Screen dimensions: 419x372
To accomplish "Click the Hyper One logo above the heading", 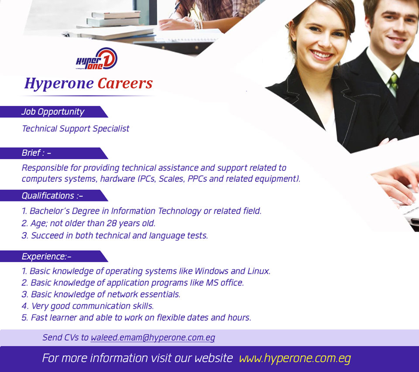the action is tap(96, 59).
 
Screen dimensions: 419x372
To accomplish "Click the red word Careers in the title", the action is tap(125, 83).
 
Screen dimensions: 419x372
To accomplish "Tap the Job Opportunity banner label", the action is tap(53, 112).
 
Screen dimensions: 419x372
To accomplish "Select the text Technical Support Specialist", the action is tap(76, 129).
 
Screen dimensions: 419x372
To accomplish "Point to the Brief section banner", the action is tap(53, 153).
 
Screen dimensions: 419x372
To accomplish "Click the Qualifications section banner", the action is tap(53, 195).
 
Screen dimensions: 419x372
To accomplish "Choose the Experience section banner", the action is tap(53, 256).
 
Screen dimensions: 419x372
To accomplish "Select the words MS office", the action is tap(225, 283).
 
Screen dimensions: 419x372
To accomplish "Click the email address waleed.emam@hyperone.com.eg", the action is tap(153, 338).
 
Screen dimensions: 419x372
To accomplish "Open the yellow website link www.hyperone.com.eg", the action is tap(295, 358).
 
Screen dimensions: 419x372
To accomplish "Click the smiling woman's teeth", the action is tap(322, 55).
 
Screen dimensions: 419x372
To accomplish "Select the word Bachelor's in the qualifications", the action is tap(49, 211).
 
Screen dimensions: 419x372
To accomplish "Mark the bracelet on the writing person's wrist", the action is tap(197, 24).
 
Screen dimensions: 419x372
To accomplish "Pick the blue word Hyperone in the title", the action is tap(59, 84).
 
